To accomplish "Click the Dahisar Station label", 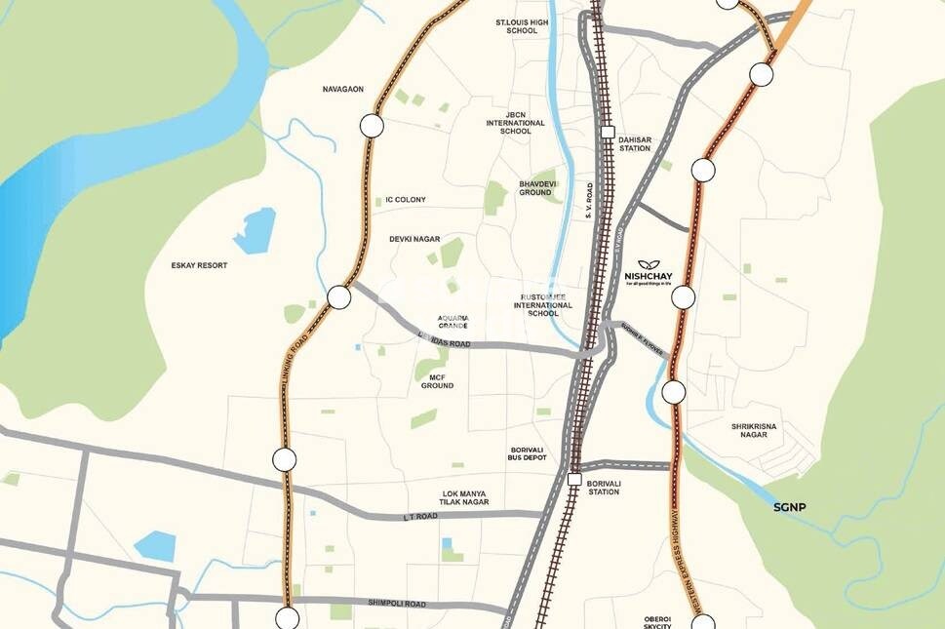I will coord(634,144).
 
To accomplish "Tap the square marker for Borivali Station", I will coord(574,480).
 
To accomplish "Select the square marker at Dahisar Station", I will coord(608,132).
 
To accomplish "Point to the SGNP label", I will coord(791,507).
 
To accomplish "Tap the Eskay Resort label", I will coord(199,265).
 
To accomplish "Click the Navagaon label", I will coord(343,90).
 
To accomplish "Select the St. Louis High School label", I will coord(522,25).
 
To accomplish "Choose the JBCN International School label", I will coord(515,122).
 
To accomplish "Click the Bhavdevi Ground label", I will coord(535,187).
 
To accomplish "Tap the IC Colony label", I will coord(406,200).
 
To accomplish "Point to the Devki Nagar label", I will coord(414,239).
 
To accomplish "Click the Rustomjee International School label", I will coord(543,304).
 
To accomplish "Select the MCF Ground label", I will coord(437,380).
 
